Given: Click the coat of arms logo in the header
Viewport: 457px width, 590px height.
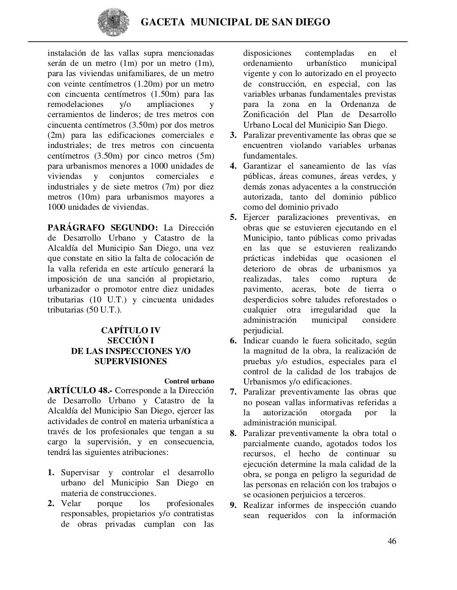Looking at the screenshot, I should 110,22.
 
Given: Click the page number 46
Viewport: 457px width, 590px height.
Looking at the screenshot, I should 391,541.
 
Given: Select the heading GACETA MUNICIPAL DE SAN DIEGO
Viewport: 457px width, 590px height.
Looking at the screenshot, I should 235,22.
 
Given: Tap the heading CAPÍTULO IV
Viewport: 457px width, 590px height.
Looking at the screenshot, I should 131,330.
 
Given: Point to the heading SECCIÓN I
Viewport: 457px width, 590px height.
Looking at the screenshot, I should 131,341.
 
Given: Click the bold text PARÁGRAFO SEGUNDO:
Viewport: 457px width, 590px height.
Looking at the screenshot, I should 102,228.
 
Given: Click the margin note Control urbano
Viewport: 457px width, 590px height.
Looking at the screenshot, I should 189,381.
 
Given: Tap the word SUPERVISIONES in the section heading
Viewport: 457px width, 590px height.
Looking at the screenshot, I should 131,361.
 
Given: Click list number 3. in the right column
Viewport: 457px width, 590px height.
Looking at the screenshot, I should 234,135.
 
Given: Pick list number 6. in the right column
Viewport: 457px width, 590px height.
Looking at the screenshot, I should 234,341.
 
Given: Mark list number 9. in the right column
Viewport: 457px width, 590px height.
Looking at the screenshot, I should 234,505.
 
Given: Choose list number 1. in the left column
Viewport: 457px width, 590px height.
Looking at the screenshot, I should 51,472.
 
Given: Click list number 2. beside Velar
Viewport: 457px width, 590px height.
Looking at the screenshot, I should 51,503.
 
